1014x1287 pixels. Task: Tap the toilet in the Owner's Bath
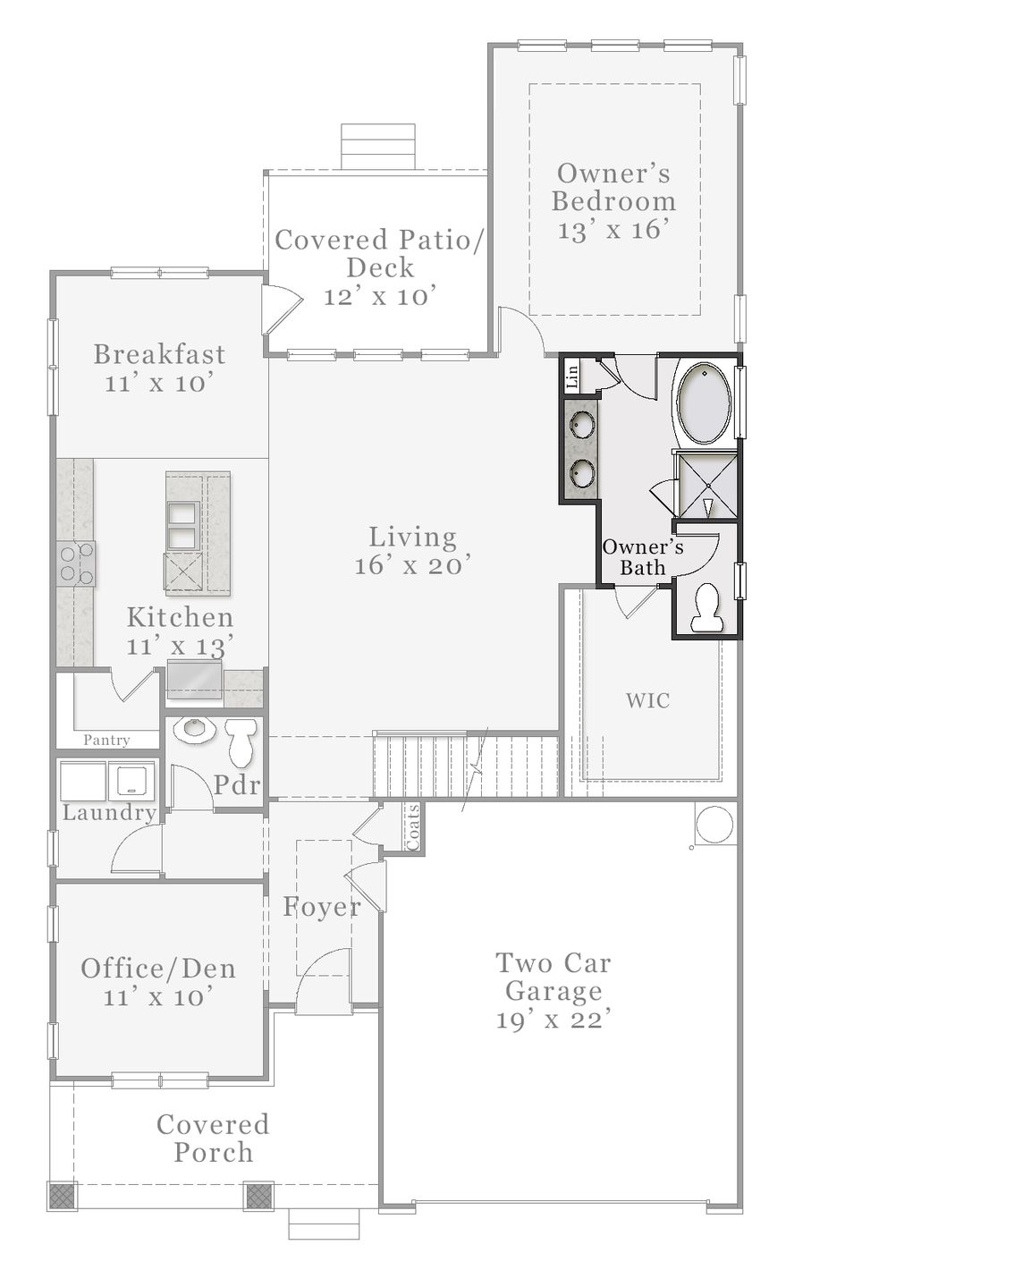click(706, 607)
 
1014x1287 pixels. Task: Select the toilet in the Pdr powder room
click(241, 743)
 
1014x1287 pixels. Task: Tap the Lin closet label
click(572, 377)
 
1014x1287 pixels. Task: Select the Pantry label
click(106, 740)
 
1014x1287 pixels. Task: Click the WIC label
click(648, 700)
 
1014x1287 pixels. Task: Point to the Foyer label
click(322, 907)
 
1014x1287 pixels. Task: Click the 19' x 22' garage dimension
click(553, 1019)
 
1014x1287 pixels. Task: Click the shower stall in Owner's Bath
click(706, 486)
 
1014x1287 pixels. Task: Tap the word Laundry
click(109, 813)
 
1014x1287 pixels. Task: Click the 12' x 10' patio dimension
click(380, 296)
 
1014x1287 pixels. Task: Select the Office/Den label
click(158, 969)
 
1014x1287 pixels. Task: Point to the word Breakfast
click(160, 354)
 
